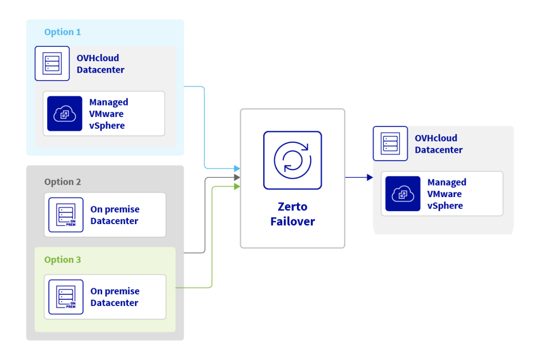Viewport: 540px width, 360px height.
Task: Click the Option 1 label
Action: (x=63, y=32)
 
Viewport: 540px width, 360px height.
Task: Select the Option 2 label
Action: (x=63, y=182)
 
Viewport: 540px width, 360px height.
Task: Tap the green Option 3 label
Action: (x=63, y=260)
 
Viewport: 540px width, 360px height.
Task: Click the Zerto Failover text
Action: (x=293, y=214)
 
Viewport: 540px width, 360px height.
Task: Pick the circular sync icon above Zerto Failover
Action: (x=293, y=160)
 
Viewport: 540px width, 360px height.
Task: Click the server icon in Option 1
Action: (x=52, y=63)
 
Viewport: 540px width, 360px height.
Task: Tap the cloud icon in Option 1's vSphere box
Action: (x=65, y=114)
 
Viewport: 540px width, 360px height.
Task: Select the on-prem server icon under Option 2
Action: (x=66, y=215)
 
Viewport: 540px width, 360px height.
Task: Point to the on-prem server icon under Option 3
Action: (x=66, y=297)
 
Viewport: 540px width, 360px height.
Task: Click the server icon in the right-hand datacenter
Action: (x=390, y=143)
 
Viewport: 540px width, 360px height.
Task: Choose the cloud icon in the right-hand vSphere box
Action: (x=403, y=194)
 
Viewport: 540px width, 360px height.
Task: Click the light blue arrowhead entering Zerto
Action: (x=237, y=168)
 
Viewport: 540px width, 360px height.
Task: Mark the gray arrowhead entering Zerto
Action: (x=237, y=178)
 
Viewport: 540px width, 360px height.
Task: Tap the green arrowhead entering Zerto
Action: (x=237, y=187)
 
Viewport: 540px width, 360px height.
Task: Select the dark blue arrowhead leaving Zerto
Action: (x=369, y=177)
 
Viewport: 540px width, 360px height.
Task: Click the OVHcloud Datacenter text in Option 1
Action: (x=100, y=64)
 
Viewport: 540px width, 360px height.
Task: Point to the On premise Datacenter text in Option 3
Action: (x=115, y=297)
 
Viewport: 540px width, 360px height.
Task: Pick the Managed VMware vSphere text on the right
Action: (x=446, y=194)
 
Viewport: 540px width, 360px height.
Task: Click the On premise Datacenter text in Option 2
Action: (x=115, y=215)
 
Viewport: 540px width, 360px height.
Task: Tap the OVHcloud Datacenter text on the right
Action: (x=438, y=144)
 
